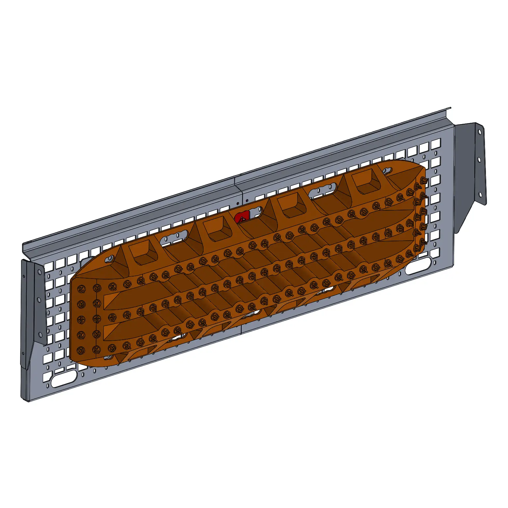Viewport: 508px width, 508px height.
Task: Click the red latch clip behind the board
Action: click(241, 217)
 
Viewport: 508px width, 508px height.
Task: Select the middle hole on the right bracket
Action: click(479, 160)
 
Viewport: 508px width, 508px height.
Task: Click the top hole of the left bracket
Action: click(40, 272)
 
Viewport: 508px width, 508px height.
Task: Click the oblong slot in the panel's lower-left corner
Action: click(64, 380)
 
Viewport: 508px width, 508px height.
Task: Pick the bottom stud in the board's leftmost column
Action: click(81, 350)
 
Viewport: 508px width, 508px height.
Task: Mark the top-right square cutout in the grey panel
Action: click(436, 143)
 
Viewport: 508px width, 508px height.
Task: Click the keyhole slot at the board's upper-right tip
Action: click(387, 171)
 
